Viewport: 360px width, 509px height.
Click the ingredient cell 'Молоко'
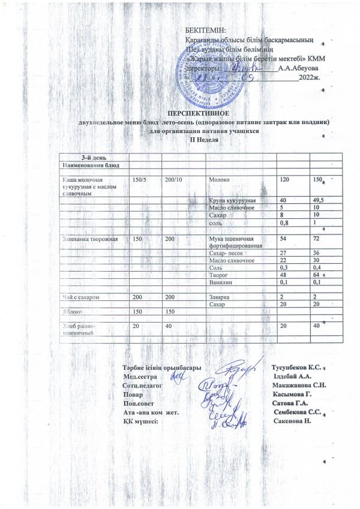tap(219, 180)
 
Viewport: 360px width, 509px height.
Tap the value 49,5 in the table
tap(318, 200)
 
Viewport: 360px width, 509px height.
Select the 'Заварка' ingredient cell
tap(220, 297)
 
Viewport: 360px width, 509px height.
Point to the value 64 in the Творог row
tap(316, 275)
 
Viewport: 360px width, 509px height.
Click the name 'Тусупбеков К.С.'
tap(298, 366)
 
